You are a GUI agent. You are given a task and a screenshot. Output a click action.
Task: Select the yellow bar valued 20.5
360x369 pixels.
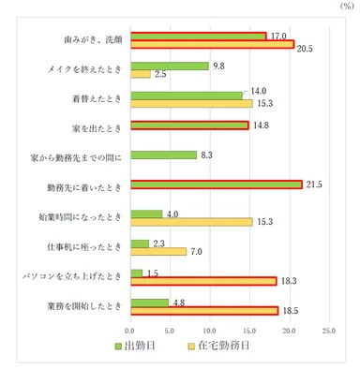(212, 45)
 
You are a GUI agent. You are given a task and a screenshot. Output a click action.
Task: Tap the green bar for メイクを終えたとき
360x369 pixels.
(170, 66)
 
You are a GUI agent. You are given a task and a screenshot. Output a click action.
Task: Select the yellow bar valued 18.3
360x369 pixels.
(203, 281)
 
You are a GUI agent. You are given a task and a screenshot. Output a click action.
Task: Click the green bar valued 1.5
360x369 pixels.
(137, 273)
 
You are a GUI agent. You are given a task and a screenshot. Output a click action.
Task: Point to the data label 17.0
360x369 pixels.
(278, 37)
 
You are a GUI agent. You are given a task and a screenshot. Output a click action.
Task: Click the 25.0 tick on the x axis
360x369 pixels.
(328, 331)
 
